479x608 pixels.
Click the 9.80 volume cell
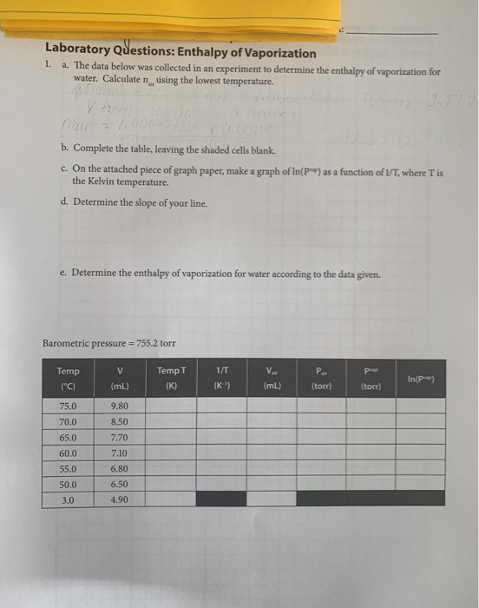coord(120,406)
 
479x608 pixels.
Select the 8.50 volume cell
coord(120,422)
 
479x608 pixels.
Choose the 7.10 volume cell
coord(120,453)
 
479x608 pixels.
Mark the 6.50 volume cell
coord(120,485)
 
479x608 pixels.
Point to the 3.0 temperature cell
coord(67,500)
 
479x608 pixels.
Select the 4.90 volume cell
coord(120,500)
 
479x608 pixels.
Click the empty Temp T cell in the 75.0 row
coord(168,406)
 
